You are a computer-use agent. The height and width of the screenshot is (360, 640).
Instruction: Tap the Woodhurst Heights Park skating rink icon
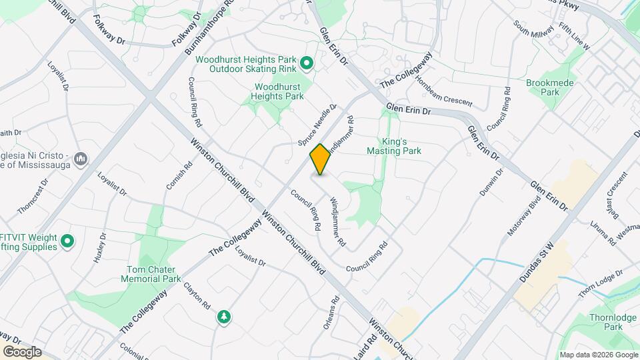306,63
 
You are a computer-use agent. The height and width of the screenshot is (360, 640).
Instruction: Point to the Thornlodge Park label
604,322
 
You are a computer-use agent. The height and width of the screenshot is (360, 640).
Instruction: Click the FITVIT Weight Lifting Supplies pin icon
67,241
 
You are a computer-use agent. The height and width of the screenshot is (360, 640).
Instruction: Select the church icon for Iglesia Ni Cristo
80,159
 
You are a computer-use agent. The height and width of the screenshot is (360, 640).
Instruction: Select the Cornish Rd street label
174,193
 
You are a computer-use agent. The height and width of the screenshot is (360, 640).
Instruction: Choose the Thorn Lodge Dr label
600,283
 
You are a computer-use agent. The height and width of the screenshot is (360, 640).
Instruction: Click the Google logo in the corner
22,351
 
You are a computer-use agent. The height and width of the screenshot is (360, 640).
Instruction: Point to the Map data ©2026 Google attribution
598,355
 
